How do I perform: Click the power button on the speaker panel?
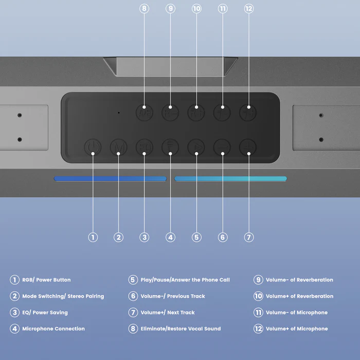click(93, 147)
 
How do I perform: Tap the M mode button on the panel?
click(118, 147)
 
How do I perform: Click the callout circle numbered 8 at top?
click(145, 9)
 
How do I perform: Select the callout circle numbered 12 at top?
click(249, 9)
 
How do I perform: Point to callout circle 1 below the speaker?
click(93, 237)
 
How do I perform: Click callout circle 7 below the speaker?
click(249, 237)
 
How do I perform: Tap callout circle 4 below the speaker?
click(171, 237)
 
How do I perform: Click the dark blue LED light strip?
click(110, 179)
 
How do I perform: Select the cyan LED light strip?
click(230, 179)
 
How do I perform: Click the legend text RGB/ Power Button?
click(46, 280)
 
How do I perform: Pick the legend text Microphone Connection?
click(53, 329)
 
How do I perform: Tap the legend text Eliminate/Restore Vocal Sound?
click(181, 329)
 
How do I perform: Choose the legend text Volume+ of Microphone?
click(297, 329)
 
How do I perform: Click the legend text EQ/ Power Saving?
click(45, 312)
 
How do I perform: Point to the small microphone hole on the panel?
click(118, 113)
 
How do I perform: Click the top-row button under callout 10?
click(196, 112)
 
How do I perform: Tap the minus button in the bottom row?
click(222, 147)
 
